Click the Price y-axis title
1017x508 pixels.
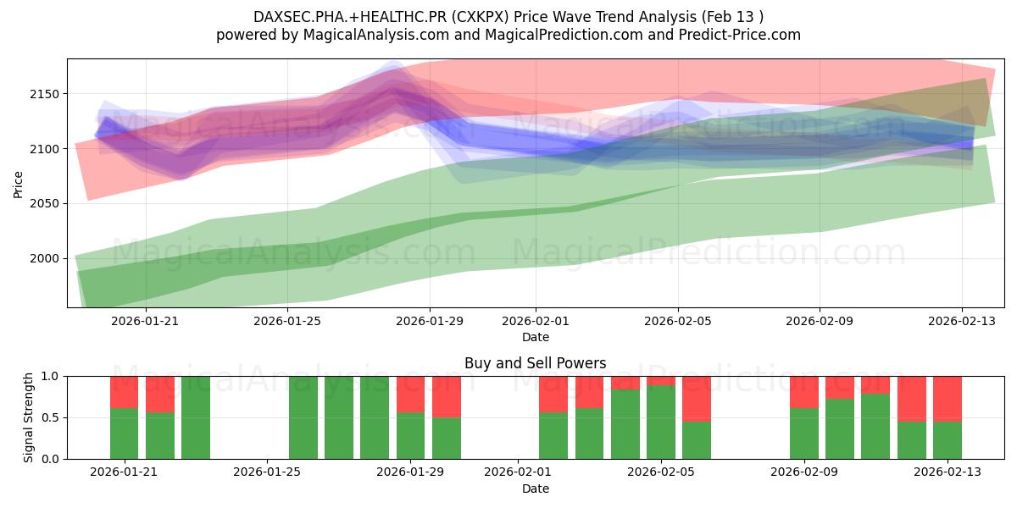19,183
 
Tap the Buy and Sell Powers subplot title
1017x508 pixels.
536,363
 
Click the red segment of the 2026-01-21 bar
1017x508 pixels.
124,391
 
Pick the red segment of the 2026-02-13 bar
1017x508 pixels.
948,398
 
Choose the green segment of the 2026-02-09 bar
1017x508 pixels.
804,433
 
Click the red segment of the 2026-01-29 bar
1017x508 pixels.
411,394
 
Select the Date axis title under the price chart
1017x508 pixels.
536,337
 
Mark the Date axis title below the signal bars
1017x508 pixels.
536,489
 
